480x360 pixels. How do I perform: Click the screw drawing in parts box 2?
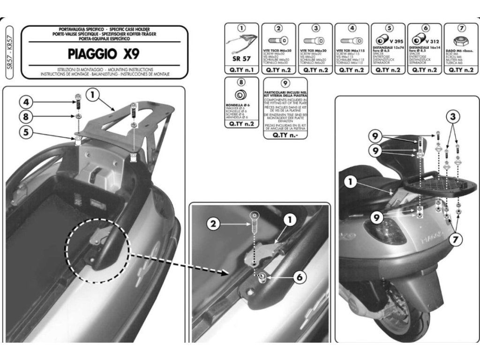[x=278, y=41]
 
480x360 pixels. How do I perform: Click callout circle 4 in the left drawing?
[x=26, y=101]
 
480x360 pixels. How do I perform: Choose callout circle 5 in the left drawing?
[x=26, y=132]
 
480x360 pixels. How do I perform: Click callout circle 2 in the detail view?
[x=213, y=224]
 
